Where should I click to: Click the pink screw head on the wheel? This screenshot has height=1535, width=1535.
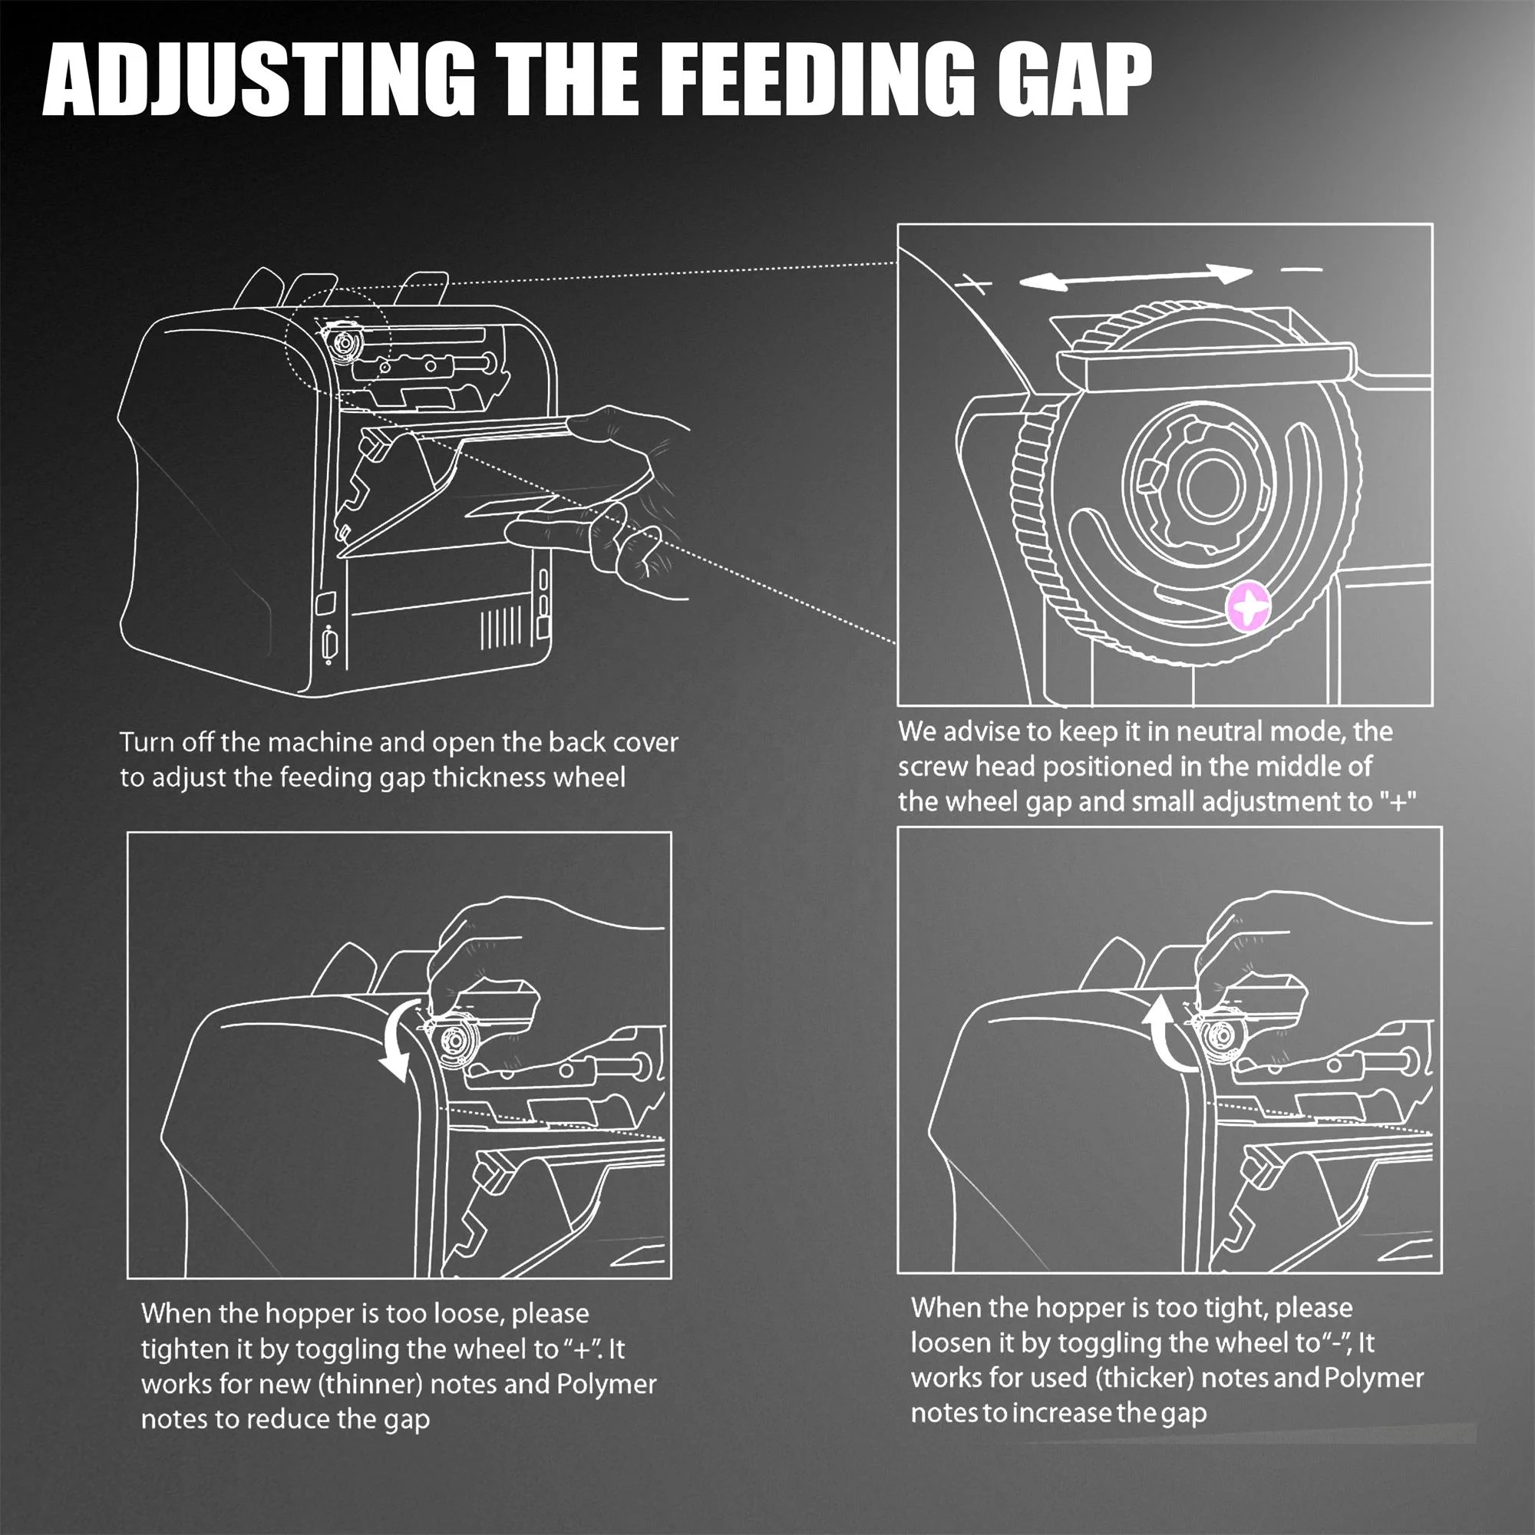[1249, 606]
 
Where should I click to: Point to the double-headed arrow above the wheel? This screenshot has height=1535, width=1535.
[1136, 276]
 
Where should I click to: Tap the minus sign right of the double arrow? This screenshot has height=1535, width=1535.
[1302, 269]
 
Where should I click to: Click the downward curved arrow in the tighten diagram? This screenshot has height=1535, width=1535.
[399, 1039]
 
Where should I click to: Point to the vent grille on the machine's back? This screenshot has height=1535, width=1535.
[501, 626]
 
